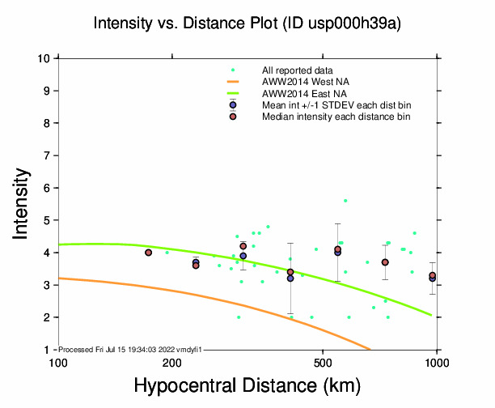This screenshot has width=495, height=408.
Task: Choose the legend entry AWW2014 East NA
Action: (299, 94)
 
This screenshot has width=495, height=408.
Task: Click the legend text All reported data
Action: (298, 71)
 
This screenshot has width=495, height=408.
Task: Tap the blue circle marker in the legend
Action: (233, 105)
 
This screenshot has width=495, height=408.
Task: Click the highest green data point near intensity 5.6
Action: (345, 201)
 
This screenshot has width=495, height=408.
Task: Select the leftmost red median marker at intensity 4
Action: (149, 253)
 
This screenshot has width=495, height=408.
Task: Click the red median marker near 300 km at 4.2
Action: (243, 246)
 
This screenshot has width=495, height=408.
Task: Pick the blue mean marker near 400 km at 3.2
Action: (290, 278)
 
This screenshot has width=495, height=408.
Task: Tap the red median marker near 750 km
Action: (385, 262)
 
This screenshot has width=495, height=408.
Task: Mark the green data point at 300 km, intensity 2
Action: (239, 317)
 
